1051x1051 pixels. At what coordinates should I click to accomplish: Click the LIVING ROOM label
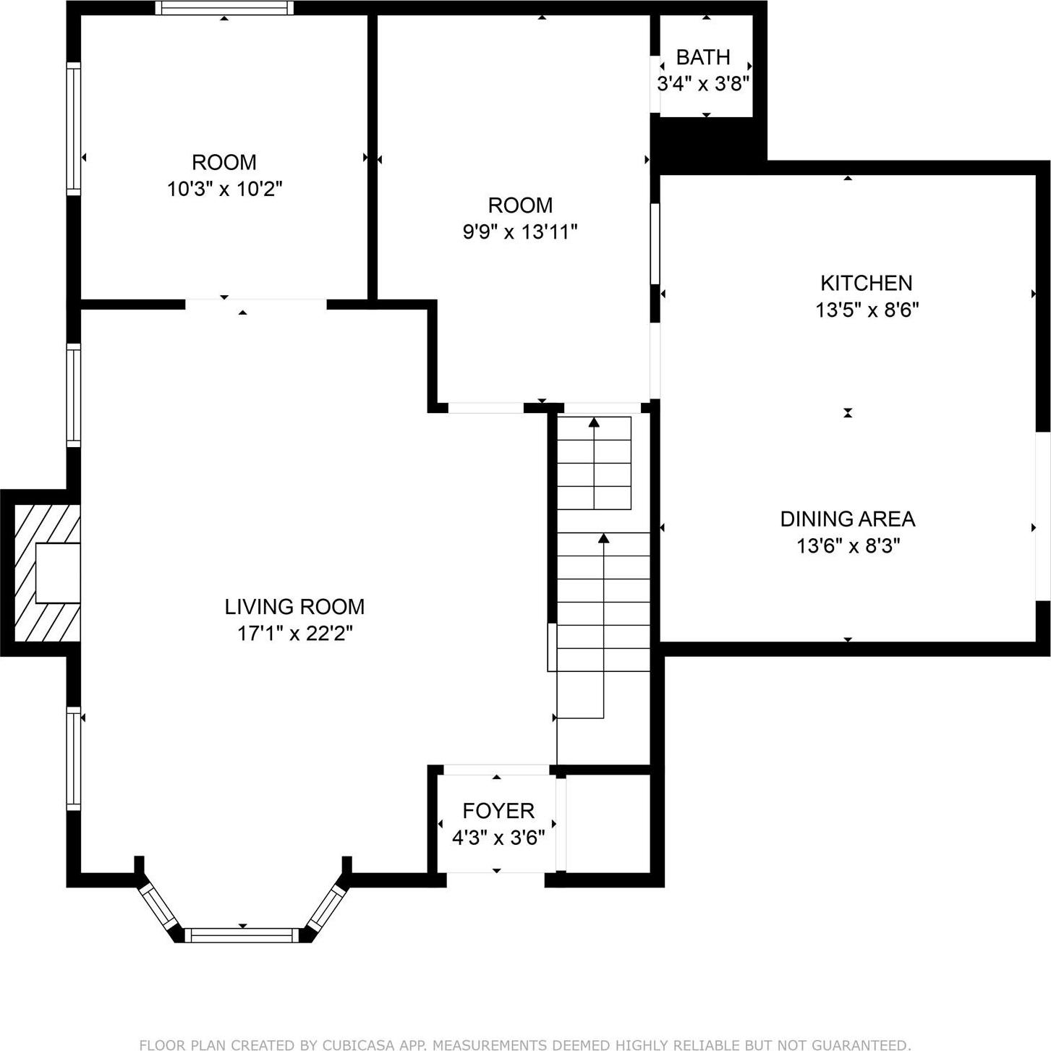(x=294, y=606)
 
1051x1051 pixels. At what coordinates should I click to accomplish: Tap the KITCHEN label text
(x=866, y=283)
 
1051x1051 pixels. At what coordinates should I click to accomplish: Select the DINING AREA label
(x=847, y=519)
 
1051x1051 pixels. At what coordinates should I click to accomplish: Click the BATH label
(x=702, y=57)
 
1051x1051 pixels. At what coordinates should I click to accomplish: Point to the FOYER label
(x=498, y=810)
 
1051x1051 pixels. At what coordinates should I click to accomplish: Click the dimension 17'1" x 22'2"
(x=294, y=634)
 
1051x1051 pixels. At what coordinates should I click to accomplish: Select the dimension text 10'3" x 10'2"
(x=224, y=190)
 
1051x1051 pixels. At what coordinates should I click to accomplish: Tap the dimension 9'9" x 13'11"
(x=519, y=232)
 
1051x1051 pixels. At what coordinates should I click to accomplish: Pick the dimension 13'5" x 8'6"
(x=867, y=310)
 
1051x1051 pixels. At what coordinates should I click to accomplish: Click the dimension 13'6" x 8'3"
(x=848, y=545)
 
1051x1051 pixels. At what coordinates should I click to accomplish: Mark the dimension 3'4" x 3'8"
(x=702, y=84)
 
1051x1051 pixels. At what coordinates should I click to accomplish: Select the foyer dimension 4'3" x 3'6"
(x=498, y=838)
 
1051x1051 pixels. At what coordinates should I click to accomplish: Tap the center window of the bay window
(x=242, y=935)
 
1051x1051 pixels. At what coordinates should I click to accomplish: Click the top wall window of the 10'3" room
(x=224, y=8)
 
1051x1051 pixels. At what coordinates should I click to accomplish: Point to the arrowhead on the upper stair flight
(x=594, y=422)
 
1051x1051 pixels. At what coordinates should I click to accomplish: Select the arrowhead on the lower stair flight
(x=603, y=537)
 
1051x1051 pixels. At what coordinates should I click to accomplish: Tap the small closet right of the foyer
(x=608, y=823)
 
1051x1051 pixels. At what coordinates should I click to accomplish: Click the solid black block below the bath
(x=707, y=145)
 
